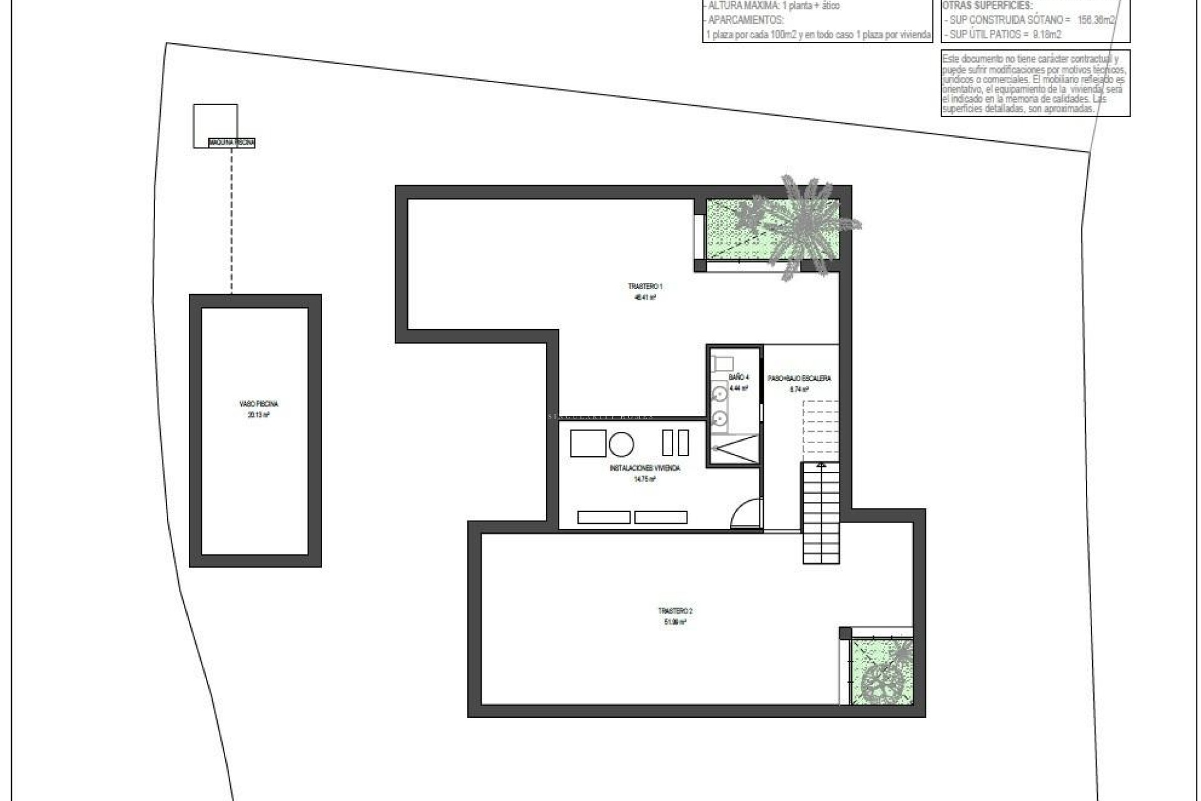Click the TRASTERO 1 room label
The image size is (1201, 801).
pos(645,287)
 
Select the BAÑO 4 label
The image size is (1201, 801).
pos(738,377)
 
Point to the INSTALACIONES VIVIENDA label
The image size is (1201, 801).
pos(644,468)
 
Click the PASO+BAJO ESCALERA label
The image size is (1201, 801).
pos(799,379)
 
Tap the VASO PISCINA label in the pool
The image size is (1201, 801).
pos(258,404)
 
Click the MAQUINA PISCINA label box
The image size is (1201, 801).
pos(232,143)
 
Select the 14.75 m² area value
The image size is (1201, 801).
pos(644,479)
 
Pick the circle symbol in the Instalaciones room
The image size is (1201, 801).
pos(621,444)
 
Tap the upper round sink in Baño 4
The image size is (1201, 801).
pos(720,394)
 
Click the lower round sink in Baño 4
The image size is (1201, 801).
pos(720,417)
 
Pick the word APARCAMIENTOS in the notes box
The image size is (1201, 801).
pos(745,20)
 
